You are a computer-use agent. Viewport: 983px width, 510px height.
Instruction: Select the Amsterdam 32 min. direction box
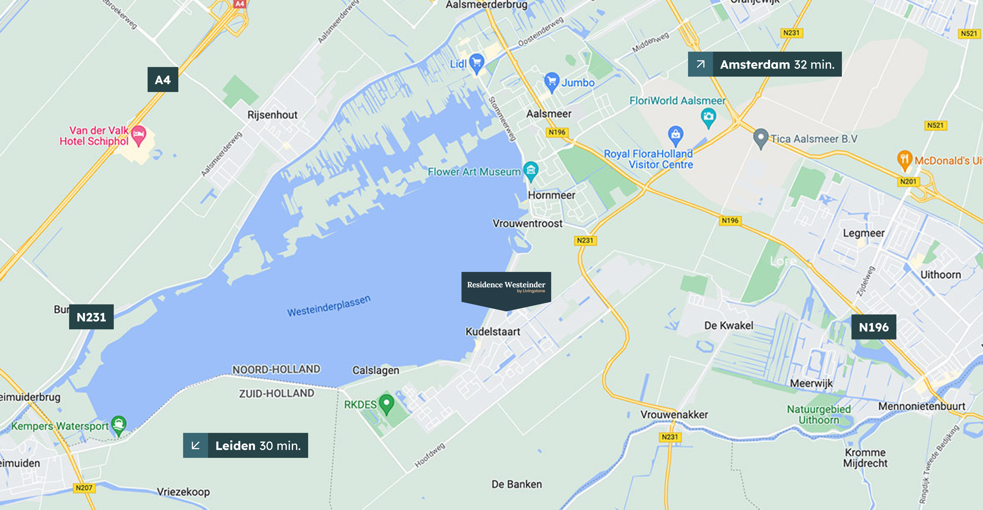764,64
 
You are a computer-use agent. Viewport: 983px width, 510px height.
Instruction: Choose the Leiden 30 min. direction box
245,445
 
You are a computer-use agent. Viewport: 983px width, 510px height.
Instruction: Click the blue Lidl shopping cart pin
477,63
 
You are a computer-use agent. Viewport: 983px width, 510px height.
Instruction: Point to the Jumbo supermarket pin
551,81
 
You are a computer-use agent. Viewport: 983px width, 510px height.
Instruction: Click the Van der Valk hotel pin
138,135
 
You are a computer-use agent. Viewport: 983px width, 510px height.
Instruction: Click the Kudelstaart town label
493,332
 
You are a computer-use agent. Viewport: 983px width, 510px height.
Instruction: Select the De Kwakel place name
728,326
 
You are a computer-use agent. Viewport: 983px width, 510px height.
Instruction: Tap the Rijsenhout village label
272,115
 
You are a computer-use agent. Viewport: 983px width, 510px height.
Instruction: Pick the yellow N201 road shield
908,181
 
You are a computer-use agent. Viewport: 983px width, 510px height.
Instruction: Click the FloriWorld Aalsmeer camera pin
708,117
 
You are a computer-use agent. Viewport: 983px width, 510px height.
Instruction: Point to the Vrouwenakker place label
674,414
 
